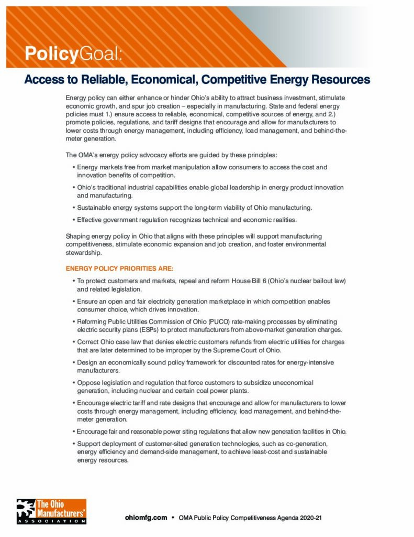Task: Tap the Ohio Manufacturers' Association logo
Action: (51, 511)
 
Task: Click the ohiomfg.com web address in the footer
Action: (146, 517)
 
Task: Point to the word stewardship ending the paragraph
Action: (80, 252)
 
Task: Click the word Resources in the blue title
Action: (341, 80)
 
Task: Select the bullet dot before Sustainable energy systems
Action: (72, 208)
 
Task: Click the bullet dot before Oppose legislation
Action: (72, 383)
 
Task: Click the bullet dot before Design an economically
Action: (72, 362)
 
